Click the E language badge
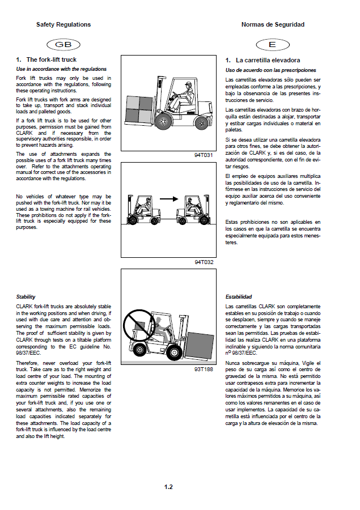272,44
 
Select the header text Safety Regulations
63,25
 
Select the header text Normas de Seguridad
273,25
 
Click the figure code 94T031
205,154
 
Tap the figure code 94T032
205,262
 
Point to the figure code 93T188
205,369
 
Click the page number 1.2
168,487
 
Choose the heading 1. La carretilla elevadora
262,60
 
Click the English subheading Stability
26,296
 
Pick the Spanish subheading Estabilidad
239,297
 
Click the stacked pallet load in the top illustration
138,108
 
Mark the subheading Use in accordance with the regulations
61,69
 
